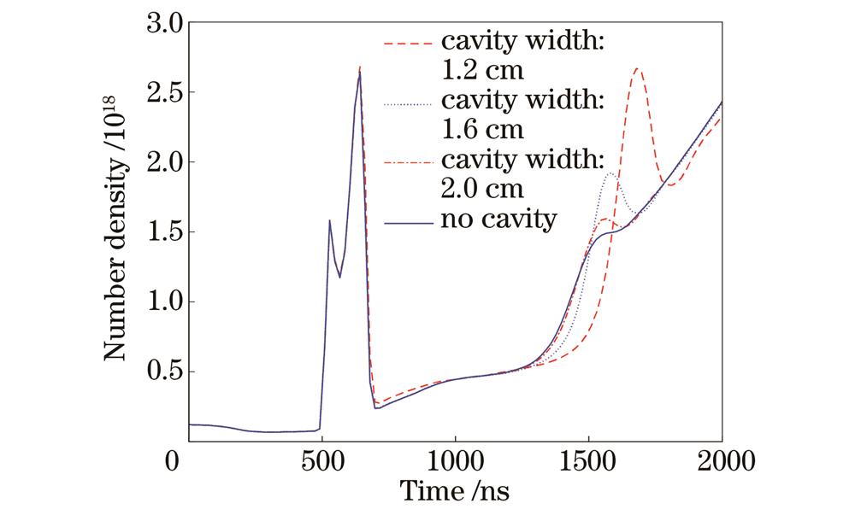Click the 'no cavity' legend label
499,220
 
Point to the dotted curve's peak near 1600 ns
610,173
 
